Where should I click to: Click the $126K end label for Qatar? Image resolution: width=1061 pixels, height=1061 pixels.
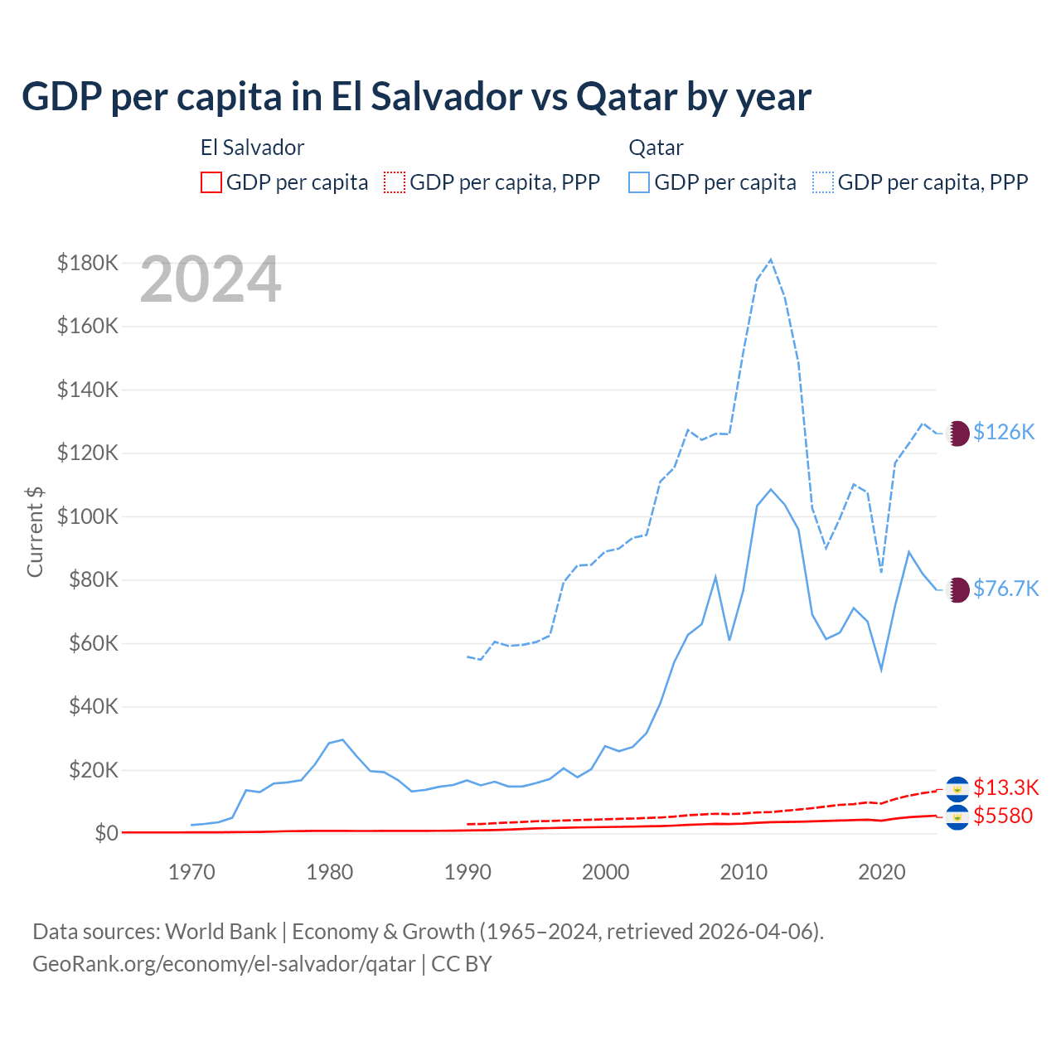pos(1004,432)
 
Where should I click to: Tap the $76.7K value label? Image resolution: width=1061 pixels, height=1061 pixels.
pos(1005,589)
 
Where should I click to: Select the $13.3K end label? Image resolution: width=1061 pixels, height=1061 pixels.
pos(1005,787)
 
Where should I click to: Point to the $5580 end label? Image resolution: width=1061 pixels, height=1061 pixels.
pos(1003,816)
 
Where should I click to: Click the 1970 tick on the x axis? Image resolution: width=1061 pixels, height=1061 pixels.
pos(191,872)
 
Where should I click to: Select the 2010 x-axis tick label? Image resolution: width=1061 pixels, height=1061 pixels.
pos(744,872)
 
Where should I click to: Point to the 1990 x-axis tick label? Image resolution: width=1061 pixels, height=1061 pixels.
pos(468,872)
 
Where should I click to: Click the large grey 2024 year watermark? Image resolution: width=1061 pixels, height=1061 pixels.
pos(211,280)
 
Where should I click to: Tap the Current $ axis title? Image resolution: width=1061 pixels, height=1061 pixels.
pos(35,531)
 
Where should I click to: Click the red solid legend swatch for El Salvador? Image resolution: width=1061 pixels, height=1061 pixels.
pos(211,182)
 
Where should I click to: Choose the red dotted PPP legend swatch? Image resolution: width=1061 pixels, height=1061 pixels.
pos(395,182)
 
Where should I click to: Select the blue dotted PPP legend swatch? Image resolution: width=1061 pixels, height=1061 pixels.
pos(823,182)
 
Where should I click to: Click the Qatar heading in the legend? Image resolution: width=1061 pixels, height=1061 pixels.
pos(656,148)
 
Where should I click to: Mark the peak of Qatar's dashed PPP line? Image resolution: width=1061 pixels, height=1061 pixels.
pos(771,259)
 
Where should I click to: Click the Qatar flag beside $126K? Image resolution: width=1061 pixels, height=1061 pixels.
pos(957,433)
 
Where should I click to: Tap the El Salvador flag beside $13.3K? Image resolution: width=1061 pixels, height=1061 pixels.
pos(957,787)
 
